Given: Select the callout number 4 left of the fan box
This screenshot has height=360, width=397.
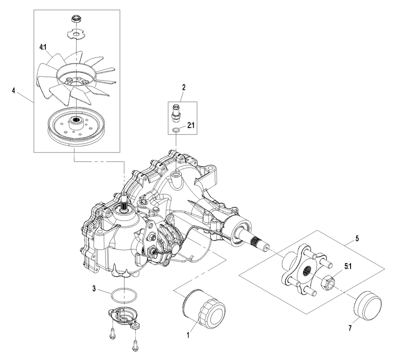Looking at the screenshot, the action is (14, 90).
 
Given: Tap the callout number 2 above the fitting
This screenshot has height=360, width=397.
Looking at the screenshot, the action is (184, 87).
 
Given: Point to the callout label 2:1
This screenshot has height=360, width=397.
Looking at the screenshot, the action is (191, 125).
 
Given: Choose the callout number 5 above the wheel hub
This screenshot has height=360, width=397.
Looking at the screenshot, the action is (357, 239).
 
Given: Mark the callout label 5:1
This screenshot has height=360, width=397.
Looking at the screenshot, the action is (348, 267).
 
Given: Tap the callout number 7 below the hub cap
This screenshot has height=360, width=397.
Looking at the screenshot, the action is (350, 328).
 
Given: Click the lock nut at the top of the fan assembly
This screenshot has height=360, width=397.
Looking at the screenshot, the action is (75, 18).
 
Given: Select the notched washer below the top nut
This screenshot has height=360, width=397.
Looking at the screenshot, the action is (76, 34).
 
